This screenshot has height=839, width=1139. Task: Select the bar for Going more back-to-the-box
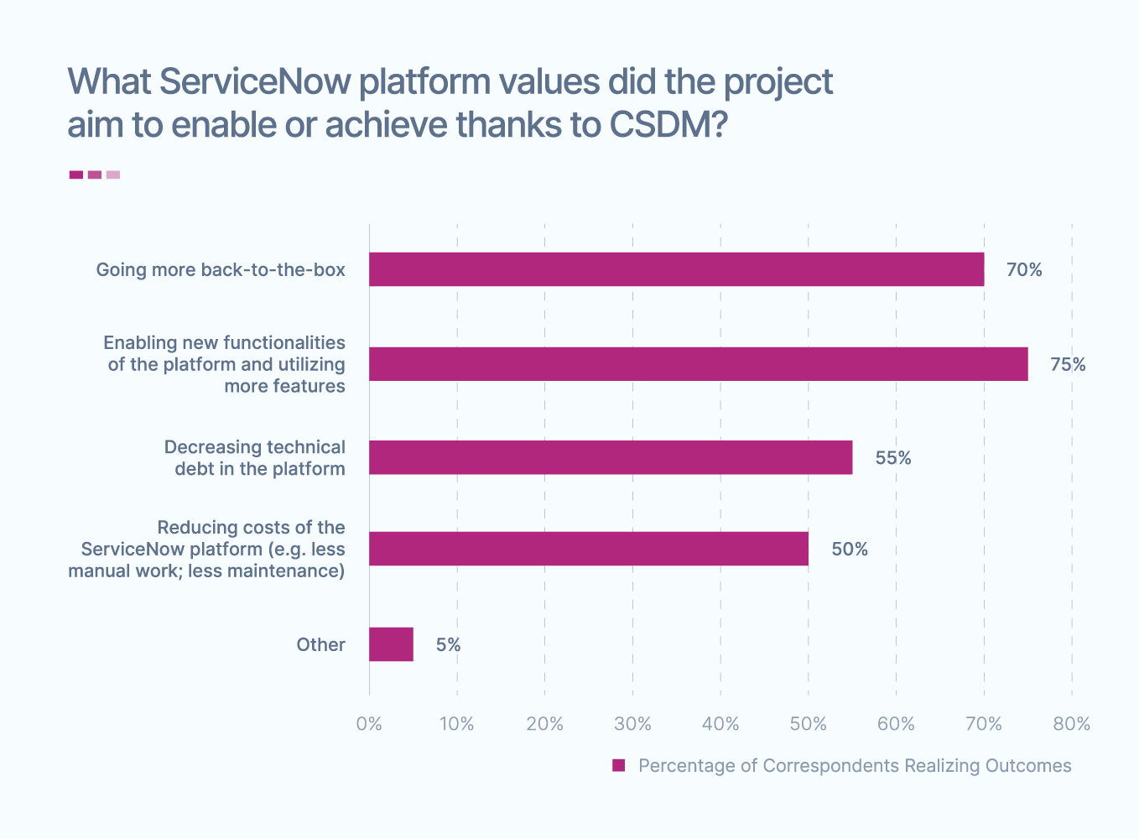[676, 269]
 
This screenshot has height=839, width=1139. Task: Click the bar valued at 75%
[698, 364]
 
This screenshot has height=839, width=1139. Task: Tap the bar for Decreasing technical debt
[611, 457]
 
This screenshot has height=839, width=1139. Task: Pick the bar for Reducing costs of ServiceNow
[589, 549]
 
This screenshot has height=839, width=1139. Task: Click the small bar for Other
[391, 644]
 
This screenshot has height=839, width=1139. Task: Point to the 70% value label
[1024, 270]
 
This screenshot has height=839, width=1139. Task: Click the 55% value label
[893, 458]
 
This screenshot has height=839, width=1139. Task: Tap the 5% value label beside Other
[448, 645]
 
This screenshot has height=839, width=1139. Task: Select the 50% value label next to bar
[850, 550]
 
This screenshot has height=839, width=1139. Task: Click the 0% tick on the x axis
[369, 724]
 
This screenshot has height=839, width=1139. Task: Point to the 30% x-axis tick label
[632, 724]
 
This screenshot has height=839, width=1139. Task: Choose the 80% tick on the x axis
[1071, 724]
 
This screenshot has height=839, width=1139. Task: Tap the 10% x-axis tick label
[457, 724]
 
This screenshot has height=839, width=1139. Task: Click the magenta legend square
[619, 765]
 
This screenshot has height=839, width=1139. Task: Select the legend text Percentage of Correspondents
[855, 766]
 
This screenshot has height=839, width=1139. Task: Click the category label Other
[320, 645]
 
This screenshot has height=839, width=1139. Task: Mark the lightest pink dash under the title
[113, 175]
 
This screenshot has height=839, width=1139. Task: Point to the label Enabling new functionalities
[224, 343]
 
